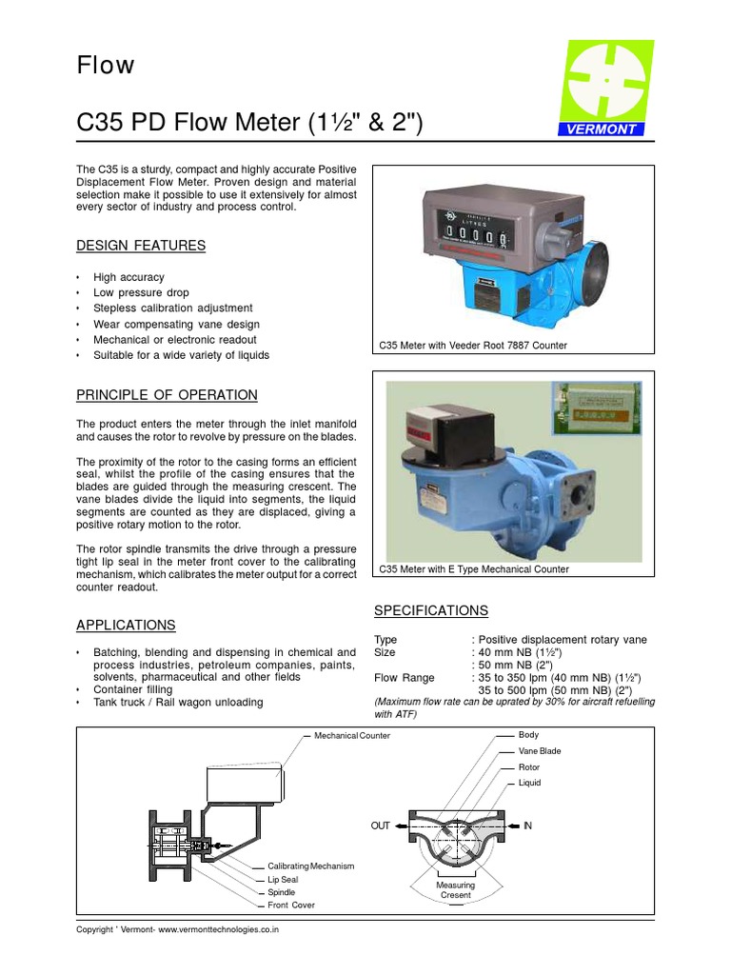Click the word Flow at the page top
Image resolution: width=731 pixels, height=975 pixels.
[106, 66]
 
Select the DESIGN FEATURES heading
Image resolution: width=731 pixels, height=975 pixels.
[141, 246]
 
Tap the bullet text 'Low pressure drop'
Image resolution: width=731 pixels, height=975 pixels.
[141, 292]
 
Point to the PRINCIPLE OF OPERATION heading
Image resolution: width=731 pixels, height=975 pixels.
[167, 395]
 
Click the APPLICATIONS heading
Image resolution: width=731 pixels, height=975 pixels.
[126, 626]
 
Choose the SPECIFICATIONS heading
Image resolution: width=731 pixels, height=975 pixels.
[430, 610]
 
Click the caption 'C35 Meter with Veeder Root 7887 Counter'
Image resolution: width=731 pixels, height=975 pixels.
[473, 346]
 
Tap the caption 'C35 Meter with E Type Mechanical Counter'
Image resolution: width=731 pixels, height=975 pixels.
[474, 569]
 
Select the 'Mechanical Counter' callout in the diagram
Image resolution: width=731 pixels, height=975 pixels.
[351, 736]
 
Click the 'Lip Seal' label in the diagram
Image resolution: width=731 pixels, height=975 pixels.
[283, 880]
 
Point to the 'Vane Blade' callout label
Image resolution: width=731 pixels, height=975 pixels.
[540, 751]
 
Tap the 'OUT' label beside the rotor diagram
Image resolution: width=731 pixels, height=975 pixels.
[381, 826]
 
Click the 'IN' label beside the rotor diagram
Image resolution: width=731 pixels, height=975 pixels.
[526, 826]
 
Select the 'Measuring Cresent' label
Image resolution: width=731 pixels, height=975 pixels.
[456, 890]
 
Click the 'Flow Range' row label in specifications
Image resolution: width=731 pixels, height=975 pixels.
[405, 678]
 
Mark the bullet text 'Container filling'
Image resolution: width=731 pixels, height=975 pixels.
[133, 688]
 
